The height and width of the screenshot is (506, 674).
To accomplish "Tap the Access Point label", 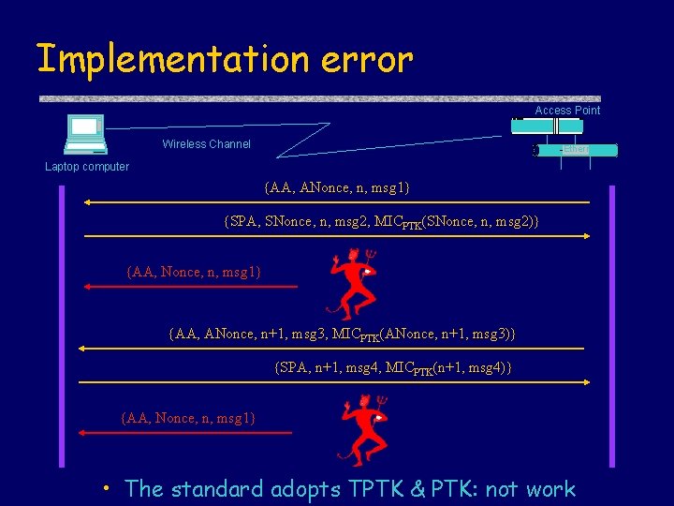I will coord(567,111).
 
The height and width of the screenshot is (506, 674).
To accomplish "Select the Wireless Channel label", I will coord(206,144).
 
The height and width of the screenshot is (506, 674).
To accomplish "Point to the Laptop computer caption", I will coord(87,167).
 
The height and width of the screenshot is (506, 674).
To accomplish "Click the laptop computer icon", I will coord(84,134).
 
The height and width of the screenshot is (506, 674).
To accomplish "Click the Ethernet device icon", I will coord(575,150).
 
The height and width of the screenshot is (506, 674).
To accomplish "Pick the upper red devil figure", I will coord(353,282).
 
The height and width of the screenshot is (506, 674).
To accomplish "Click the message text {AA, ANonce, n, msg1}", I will coord(337,188).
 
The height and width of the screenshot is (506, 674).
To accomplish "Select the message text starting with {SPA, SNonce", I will coord(381,221).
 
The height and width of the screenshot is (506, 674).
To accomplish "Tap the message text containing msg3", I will coord(342,335).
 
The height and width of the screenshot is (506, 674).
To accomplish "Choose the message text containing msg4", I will coord(393,368).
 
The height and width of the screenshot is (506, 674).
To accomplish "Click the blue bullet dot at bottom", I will coord(109,487).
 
